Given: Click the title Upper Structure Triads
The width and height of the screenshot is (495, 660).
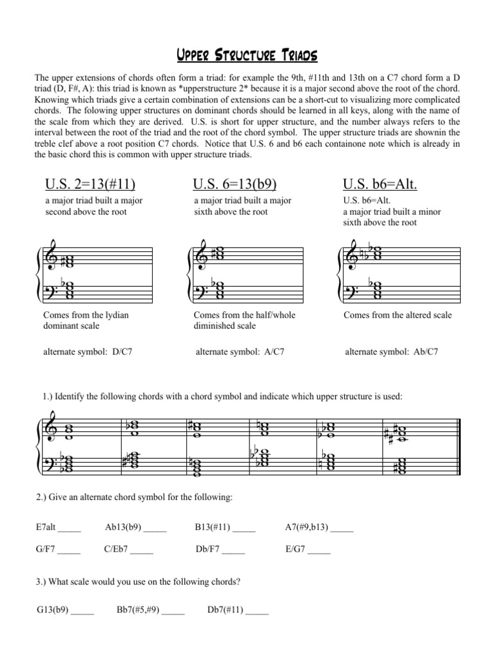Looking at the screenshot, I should (247, 55).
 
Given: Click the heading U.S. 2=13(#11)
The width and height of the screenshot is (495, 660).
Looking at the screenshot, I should (90, 185).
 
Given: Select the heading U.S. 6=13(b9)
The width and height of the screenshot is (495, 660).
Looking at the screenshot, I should (235, 185).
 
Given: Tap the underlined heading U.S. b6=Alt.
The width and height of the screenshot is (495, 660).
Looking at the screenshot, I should (380, 185).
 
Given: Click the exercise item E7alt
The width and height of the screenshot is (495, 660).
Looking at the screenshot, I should (50, 527).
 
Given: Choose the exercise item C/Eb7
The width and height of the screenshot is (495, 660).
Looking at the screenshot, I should (119, 550).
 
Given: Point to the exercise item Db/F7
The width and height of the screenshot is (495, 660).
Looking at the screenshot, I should (209, 550).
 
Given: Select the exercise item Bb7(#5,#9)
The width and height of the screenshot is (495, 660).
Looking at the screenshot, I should (138, 609).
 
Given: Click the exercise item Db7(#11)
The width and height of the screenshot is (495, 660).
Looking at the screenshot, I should (226, 609).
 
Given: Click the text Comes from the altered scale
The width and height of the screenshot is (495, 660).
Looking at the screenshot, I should (398, 315).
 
